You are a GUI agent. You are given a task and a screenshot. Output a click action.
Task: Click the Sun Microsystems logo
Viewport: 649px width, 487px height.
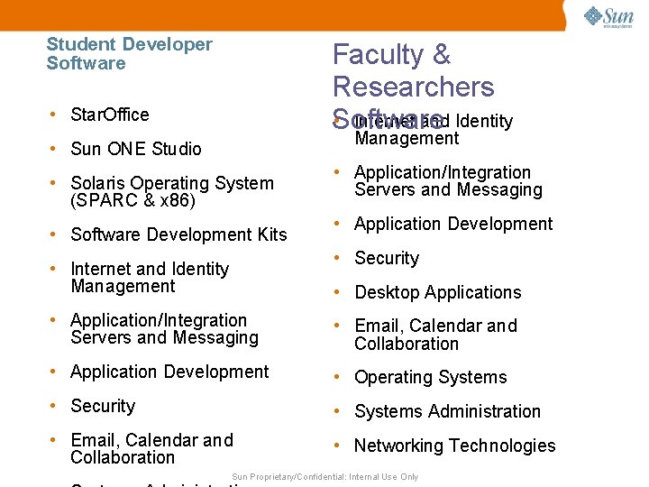tap(608, 16)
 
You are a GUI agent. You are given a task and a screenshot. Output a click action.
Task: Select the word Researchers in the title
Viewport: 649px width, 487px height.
tap(414, 87)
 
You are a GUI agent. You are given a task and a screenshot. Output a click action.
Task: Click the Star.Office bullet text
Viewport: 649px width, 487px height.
tap(110, 115)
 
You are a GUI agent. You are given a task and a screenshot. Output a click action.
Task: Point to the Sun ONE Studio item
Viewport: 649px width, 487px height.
tap(136, 149)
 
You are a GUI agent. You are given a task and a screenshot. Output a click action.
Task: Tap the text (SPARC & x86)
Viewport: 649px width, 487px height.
tap(133, 200)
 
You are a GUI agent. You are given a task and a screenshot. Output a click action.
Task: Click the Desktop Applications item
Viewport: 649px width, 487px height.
tap(438, 292)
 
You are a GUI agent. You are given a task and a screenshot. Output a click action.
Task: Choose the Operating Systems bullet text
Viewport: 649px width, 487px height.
tap(431, 377)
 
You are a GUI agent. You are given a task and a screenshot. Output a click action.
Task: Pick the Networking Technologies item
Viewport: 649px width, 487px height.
tap(455, 446)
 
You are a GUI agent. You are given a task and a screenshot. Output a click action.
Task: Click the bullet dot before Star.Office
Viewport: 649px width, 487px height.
tap(55, 115)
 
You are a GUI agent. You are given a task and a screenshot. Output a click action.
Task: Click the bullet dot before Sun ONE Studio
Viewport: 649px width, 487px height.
tap(55, 149)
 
